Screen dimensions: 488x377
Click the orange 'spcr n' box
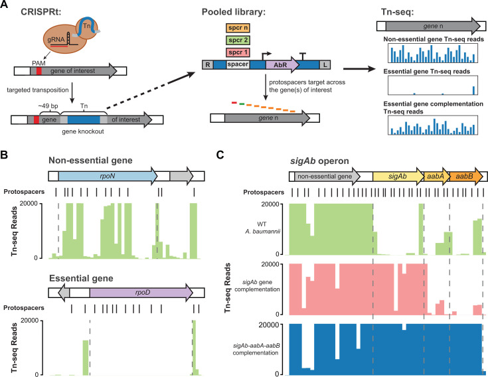click(x=238, y=28)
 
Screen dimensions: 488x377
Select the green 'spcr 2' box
click(x=238, y=40)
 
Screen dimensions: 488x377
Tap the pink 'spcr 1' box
click(x=238, y=52)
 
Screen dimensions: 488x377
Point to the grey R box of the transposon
click(x=208, y=64)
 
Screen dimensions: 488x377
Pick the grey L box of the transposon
click(x=325, y=64)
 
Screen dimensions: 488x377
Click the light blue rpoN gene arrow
click(x=108, y=176)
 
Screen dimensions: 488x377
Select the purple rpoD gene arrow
click(x=141, y=293)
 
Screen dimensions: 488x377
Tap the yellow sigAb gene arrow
click(x=398, y=177)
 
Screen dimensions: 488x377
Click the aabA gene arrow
click(x=437, y=177)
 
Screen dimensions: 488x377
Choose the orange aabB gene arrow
click(x=466, y=177)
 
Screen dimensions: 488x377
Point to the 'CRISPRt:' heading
click(x=41, y=12)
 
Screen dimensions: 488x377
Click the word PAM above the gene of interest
click(x=39, y=64)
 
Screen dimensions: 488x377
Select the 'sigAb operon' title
click(x=319, y=161)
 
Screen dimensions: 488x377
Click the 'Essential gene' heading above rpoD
click(x=81, y=278)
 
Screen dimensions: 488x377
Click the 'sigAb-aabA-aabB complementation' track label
click(x=256, y=349)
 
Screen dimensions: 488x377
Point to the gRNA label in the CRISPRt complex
click(x=56, y=40)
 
